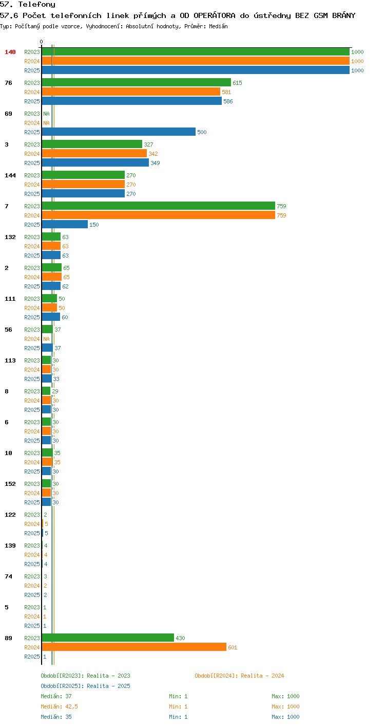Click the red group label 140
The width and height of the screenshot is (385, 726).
tap(10, 52)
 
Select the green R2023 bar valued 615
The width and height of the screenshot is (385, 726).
tap(136, 83)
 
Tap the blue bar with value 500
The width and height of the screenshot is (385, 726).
tap(119, 132)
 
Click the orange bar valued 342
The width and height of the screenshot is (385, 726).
tap(94, 154)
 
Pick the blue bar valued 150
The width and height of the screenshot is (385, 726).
tap(65, 224)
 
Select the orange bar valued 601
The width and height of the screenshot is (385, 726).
tap(134, 647)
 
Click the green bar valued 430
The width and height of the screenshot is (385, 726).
tap(108, 638)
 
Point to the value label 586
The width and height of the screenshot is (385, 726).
tap(228, 101)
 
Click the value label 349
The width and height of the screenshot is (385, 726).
tap(156, 162)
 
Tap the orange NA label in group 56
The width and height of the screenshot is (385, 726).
tap(46, 339)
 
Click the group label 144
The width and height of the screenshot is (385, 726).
tap(10, 175)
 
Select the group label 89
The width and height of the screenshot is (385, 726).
tap(8, 638)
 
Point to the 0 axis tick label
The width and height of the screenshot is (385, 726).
tap(41, 42)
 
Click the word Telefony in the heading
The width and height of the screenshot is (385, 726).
tap(36, 5)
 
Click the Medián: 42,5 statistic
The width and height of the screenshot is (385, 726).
tap(59, 706)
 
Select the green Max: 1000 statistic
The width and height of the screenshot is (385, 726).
tap(285, 696)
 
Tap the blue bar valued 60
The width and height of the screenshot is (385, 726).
tap(51, 317)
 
